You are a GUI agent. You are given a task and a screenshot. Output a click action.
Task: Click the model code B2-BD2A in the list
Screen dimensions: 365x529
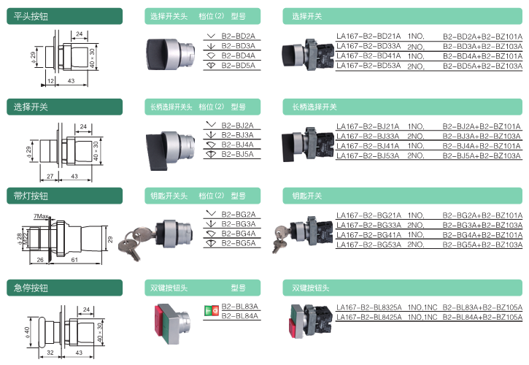pos(238,36)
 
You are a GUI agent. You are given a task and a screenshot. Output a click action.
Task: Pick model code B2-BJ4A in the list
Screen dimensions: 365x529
pos(238,145)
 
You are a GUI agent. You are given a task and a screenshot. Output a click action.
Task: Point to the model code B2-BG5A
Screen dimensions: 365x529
pos(238,242)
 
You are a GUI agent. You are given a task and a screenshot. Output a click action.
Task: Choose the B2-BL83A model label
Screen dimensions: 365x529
pos(240,307)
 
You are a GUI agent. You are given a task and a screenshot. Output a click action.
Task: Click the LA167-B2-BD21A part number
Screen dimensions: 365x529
pos(368,36)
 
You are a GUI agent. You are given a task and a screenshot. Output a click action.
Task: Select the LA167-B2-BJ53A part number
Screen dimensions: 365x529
pos(368,155)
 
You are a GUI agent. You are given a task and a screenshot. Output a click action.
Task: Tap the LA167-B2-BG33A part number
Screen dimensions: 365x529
pos(368,226)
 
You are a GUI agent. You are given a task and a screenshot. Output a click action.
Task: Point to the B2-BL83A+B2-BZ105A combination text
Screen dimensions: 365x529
pos(482,307)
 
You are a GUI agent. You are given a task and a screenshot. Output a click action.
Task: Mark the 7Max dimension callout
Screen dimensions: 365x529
pos(42,217)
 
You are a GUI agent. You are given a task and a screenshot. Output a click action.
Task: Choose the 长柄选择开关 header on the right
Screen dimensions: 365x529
pos(314,107)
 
